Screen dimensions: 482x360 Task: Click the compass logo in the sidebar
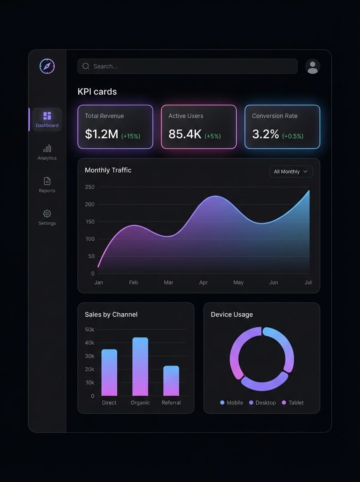point(47,66)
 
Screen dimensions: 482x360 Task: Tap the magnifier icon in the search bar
point(86,66)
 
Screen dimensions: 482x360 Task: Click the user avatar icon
point(313,67)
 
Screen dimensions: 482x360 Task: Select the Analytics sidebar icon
point(47,149)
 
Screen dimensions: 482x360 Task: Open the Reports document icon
point(47,181)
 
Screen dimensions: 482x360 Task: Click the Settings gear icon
point(47,214)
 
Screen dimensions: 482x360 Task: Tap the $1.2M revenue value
point(102,134)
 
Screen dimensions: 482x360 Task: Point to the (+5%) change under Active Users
point(213,136)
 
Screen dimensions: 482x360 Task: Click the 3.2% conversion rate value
point(266,134)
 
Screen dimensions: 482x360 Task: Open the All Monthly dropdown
point(291,172)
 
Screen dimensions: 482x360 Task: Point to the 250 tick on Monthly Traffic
point(90,187)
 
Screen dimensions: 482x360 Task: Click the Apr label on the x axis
point(203,282)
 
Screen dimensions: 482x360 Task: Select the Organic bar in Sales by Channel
point(140,367)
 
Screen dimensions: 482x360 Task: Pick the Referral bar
point(171,381)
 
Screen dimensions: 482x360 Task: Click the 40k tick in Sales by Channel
point(90,343)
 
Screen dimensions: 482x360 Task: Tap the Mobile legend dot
point(222,402)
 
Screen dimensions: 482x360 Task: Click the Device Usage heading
point(232,315)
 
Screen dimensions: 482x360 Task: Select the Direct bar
point(109,373)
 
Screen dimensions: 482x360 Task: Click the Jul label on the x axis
point(308,282)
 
